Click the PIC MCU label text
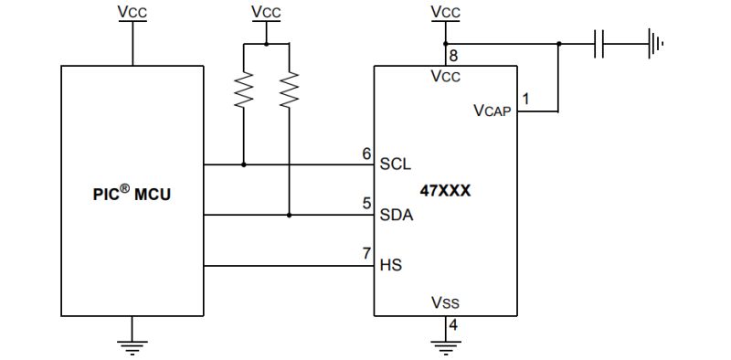point(132,195)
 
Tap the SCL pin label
point(395,165)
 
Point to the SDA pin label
point(396,216)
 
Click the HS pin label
point(390,266)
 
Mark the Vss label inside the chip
point(445,302)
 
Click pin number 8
point(453,57)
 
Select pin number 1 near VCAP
point(525,98)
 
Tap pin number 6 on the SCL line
point(366,154)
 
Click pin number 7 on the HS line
point(366,253)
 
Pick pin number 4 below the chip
point(453,324)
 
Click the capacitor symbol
point(599,43)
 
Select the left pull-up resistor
point(244,90)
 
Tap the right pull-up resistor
point(289,90)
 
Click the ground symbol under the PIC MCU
point(132,345)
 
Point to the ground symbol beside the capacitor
point(654,43)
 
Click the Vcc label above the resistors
point(266,13)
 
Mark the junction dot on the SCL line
point(244,165)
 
